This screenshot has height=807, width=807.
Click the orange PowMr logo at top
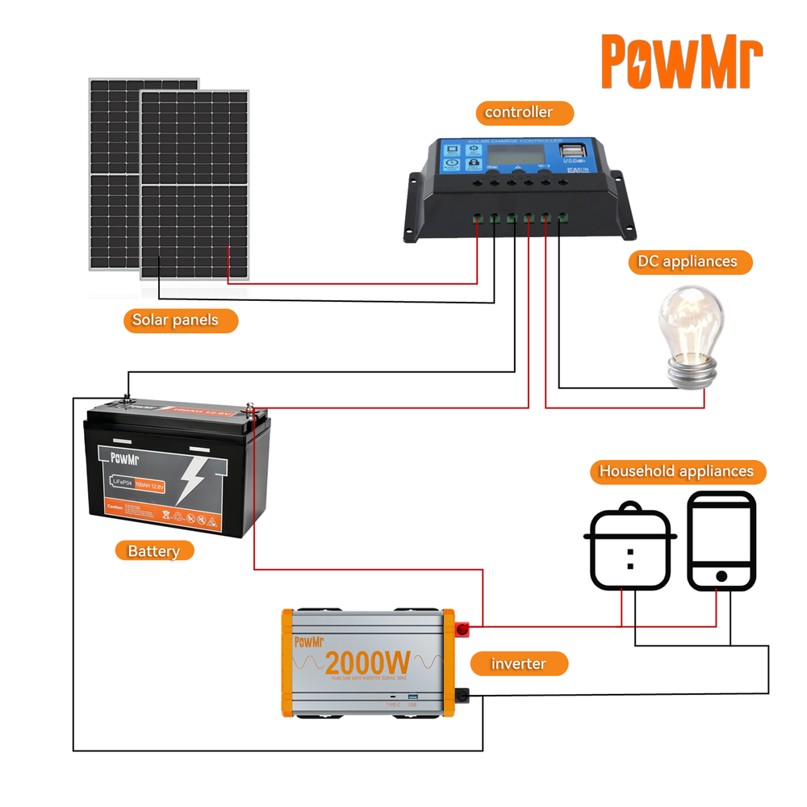click(x=682, y=61)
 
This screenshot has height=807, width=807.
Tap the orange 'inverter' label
click(x=519, y=664)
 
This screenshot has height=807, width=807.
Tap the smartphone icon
click(x=721, y=541)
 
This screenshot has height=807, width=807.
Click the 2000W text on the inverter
click(x=367, y=663)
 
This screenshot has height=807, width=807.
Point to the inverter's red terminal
click(x=464, y=627)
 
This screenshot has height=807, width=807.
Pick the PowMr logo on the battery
click(x=125, y=459)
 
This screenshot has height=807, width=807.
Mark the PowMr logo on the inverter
click(x=307, y=642)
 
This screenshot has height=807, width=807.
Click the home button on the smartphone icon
click(x=721, y=576)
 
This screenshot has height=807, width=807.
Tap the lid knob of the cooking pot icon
click(x=630, y=507)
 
